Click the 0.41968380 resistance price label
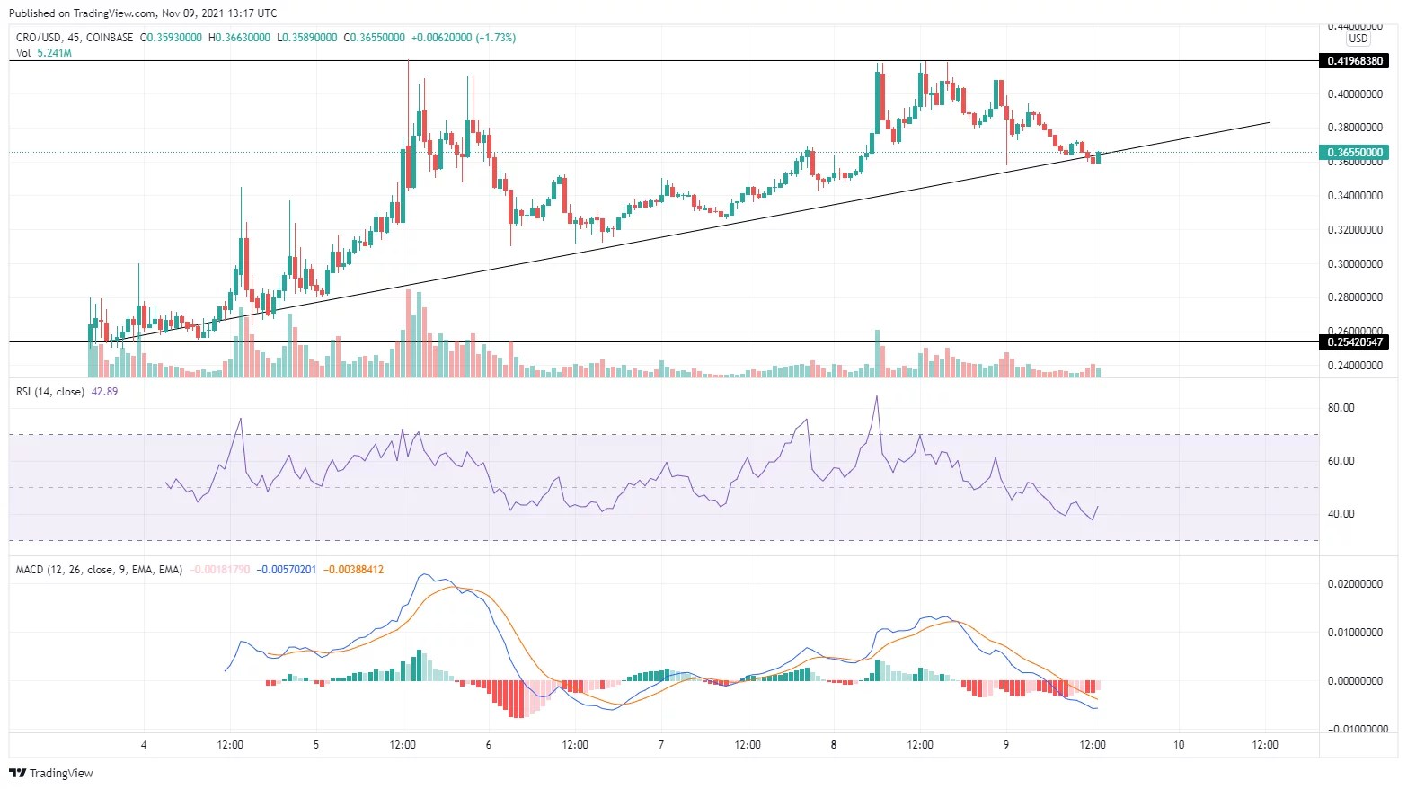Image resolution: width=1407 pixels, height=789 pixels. (x=1357, y=61)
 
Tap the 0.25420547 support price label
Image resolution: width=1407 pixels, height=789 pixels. (x=1357, y=342)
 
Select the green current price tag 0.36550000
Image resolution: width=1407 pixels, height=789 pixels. (x=1357, y=153)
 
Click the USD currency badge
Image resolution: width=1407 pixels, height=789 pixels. (x=1358, y=39)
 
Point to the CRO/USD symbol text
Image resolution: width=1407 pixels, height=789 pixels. (x=39, y=38)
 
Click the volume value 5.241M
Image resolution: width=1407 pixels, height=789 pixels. (x=55, y=53)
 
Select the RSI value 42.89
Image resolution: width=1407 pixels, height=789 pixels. (x=105, y=392)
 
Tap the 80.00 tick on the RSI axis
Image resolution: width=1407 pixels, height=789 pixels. (x=1341, y=408)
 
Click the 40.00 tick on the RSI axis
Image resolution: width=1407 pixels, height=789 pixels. (x=1341, y=514)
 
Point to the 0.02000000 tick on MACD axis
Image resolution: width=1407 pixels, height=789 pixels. (x=1355, y=584)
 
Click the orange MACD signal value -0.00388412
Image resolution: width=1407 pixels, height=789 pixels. (x=353, y=570)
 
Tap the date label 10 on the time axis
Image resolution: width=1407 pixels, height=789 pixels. (x=1179, y=744)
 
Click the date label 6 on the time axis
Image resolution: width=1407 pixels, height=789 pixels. (x=489, y=744)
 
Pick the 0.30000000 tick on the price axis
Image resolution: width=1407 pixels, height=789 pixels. (x=1355, y=264)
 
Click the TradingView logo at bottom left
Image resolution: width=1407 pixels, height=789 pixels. (x=51, y=773)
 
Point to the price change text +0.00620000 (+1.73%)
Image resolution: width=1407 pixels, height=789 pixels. (x=464, y=38)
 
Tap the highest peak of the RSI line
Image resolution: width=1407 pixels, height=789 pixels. (x=877, y=396)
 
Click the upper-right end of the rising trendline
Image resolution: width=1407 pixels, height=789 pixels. (x=1270, y=122)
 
